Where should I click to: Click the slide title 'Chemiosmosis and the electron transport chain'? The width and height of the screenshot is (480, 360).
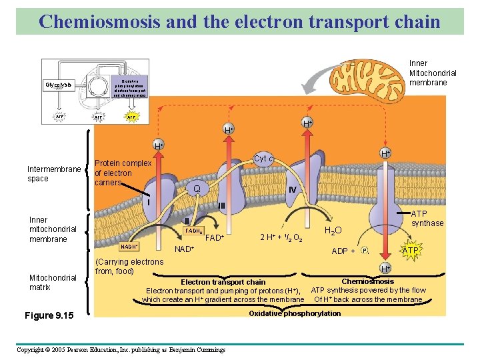click(x=239, y=21)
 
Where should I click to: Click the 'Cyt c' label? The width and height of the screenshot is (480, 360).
click(x=264, y=159)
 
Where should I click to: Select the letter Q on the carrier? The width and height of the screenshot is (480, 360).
click(x=197, y=189)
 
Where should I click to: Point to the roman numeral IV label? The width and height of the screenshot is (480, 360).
click(x=292, y=190)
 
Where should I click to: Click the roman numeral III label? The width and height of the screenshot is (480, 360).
click(x=223, y=206)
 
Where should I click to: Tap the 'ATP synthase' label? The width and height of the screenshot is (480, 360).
click(x=427, y=219)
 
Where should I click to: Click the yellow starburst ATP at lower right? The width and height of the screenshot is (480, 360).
click(x=410, y=251)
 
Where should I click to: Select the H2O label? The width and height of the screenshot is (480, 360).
click(x=333, y=231)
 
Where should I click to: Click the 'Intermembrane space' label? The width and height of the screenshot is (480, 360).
click(x=53, y=173)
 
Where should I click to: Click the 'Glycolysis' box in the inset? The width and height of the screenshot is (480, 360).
click(x=59, y=85)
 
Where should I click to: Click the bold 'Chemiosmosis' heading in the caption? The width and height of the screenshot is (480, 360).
click(x=367, y=281)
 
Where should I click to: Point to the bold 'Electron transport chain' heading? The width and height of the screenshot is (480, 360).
click(x=223, y=282)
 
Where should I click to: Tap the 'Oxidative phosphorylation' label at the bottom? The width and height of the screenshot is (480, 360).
click(x=294, y=313)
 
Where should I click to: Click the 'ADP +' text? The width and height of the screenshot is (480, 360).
click(x=343, y=251)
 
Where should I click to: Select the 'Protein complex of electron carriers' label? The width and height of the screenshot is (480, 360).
click(x=123, y=173)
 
